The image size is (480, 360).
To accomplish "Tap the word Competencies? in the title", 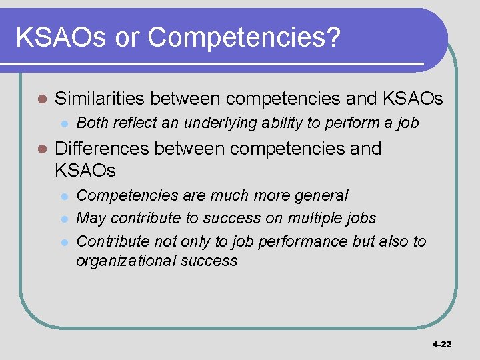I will coord(244,39).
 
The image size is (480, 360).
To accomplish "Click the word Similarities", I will coord(99,99).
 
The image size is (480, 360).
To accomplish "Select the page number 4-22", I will coord(441,344).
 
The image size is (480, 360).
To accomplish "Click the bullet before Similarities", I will coord(41,99).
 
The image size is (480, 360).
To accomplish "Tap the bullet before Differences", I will coord(41,149).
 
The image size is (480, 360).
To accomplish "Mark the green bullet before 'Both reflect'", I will coord(64,123).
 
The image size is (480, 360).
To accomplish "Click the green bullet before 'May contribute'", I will coord(64,219).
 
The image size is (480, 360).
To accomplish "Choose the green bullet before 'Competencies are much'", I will coord(64,196).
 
